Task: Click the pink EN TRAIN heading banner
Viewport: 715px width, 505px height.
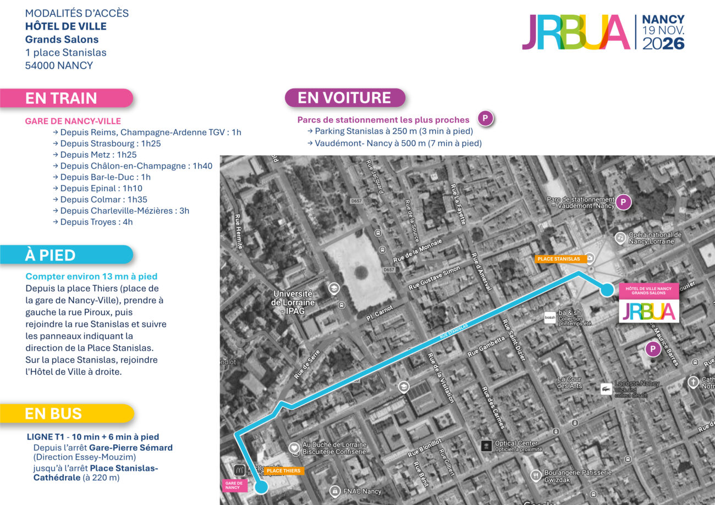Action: point(66,98)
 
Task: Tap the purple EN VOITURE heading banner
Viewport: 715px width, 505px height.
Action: point(344,98)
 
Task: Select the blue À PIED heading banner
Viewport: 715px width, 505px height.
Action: point(66,255)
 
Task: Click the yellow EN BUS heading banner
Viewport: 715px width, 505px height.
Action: point(66,414)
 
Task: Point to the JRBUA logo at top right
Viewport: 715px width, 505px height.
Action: point(575,32)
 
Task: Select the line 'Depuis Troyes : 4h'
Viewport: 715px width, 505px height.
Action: point(96,222)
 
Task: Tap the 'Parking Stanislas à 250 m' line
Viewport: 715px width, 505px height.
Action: point(394,131)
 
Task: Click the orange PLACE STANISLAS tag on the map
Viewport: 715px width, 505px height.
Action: point(558,258)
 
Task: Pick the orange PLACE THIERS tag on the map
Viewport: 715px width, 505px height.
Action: point(283,471)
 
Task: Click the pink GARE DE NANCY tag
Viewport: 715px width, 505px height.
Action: point(233,485)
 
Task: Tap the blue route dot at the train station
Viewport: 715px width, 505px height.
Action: point(261,486)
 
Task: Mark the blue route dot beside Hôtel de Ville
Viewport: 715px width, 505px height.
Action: point(607,290)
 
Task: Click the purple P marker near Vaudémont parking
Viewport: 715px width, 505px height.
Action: point(623,203)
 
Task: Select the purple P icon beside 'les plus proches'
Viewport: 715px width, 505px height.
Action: point(485,118)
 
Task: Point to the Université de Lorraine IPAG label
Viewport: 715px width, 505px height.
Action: point(293,302)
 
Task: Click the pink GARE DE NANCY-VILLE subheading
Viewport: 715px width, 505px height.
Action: point(73,121)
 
